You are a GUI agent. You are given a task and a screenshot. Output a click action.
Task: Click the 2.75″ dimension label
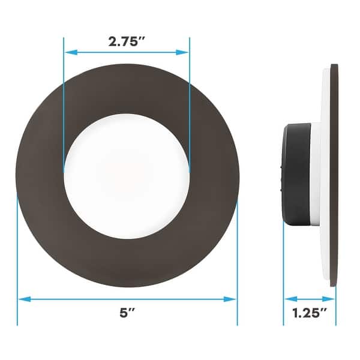click(127, 42)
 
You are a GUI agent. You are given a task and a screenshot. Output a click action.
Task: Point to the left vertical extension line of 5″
click(17, 252)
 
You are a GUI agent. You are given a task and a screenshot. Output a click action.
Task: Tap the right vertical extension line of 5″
click(237, 252)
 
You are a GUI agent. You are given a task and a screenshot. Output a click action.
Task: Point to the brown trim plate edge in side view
click(334, 174)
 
